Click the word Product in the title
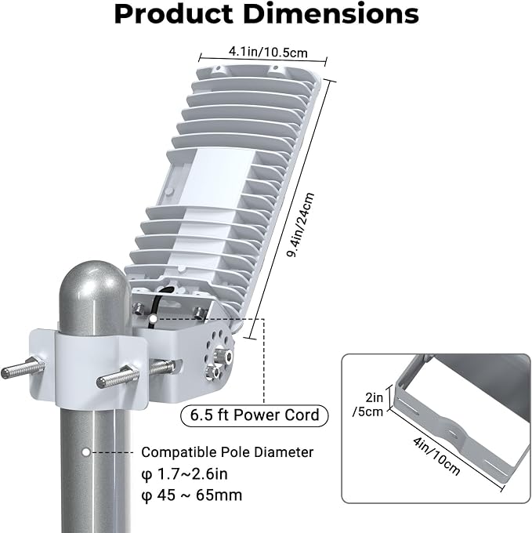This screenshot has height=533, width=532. pos(173,13)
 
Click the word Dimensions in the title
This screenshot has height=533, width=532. pos(331,13)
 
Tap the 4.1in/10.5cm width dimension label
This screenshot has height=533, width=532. pos(268,52)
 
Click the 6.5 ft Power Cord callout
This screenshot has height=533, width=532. pos(255,415)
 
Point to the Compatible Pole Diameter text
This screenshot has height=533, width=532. pos(227,452)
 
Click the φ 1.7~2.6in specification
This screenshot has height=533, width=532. pos(184,474)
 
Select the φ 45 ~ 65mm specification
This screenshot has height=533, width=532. pos(192,495)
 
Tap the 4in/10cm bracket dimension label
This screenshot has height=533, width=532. pos(436,456)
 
